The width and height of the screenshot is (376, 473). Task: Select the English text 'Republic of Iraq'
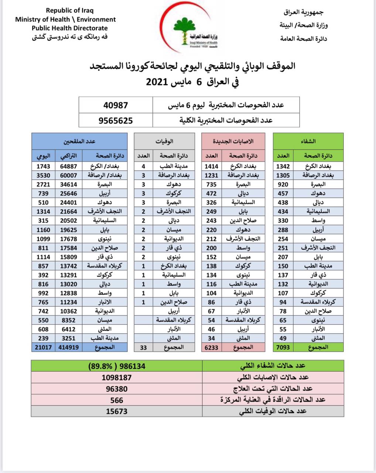(65, 11)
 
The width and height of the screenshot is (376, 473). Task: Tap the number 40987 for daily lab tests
(116, 105)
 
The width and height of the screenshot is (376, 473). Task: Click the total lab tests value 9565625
(116, 120)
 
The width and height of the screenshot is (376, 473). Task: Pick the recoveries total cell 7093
(283, 347)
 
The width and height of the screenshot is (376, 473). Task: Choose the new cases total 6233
(212, 347)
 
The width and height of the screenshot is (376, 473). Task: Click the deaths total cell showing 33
(144, 347)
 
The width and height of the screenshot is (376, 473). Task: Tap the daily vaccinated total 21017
(43, 347)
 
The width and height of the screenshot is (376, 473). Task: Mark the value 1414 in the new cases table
(212, 166)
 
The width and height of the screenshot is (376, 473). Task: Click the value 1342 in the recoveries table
(283, 166)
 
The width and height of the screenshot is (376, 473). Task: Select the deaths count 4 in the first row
(144, 166)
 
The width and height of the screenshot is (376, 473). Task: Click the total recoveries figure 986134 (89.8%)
(117, 366)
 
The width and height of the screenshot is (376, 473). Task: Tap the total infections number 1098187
(117, 377)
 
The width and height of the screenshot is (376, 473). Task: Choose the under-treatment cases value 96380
(117, 389)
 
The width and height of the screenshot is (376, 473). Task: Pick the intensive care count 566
(117, 400)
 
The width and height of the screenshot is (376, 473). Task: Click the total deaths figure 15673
(117, 411)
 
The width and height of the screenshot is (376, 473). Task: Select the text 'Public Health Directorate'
(69, 28)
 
